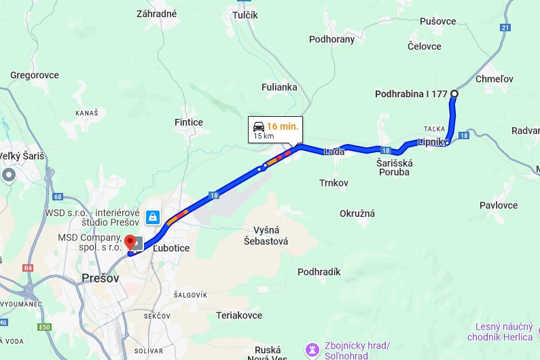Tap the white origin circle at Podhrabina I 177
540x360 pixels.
[454, 94]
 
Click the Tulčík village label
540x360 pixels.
[245, 15]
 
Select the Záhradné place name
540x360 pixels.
[157, 14]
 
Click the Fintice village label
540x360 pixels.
[189, 122]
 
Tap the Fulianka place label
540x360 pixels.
[280, 87]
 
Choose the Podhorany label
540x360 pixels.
[332, 39]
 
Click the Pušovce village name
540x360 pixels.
[438, 22]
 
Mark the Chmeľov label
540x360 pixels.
[495, 79]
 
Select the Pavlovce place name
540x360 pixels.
[499, 205]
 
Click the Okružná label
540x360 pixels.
[357, 213]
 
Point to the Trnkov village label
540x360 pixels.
[334, 183]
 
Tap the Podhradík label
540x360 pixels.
[319, 272]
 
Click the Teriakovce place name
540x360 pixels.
[239, 315]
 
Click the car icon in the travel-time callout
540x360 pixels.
[259, 127]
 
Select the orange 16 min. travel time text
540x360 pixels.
[282, 126]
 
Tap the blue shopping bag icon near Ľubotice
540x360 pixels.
[154, 217]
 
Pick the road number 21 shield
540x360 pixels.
[505, 27]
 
